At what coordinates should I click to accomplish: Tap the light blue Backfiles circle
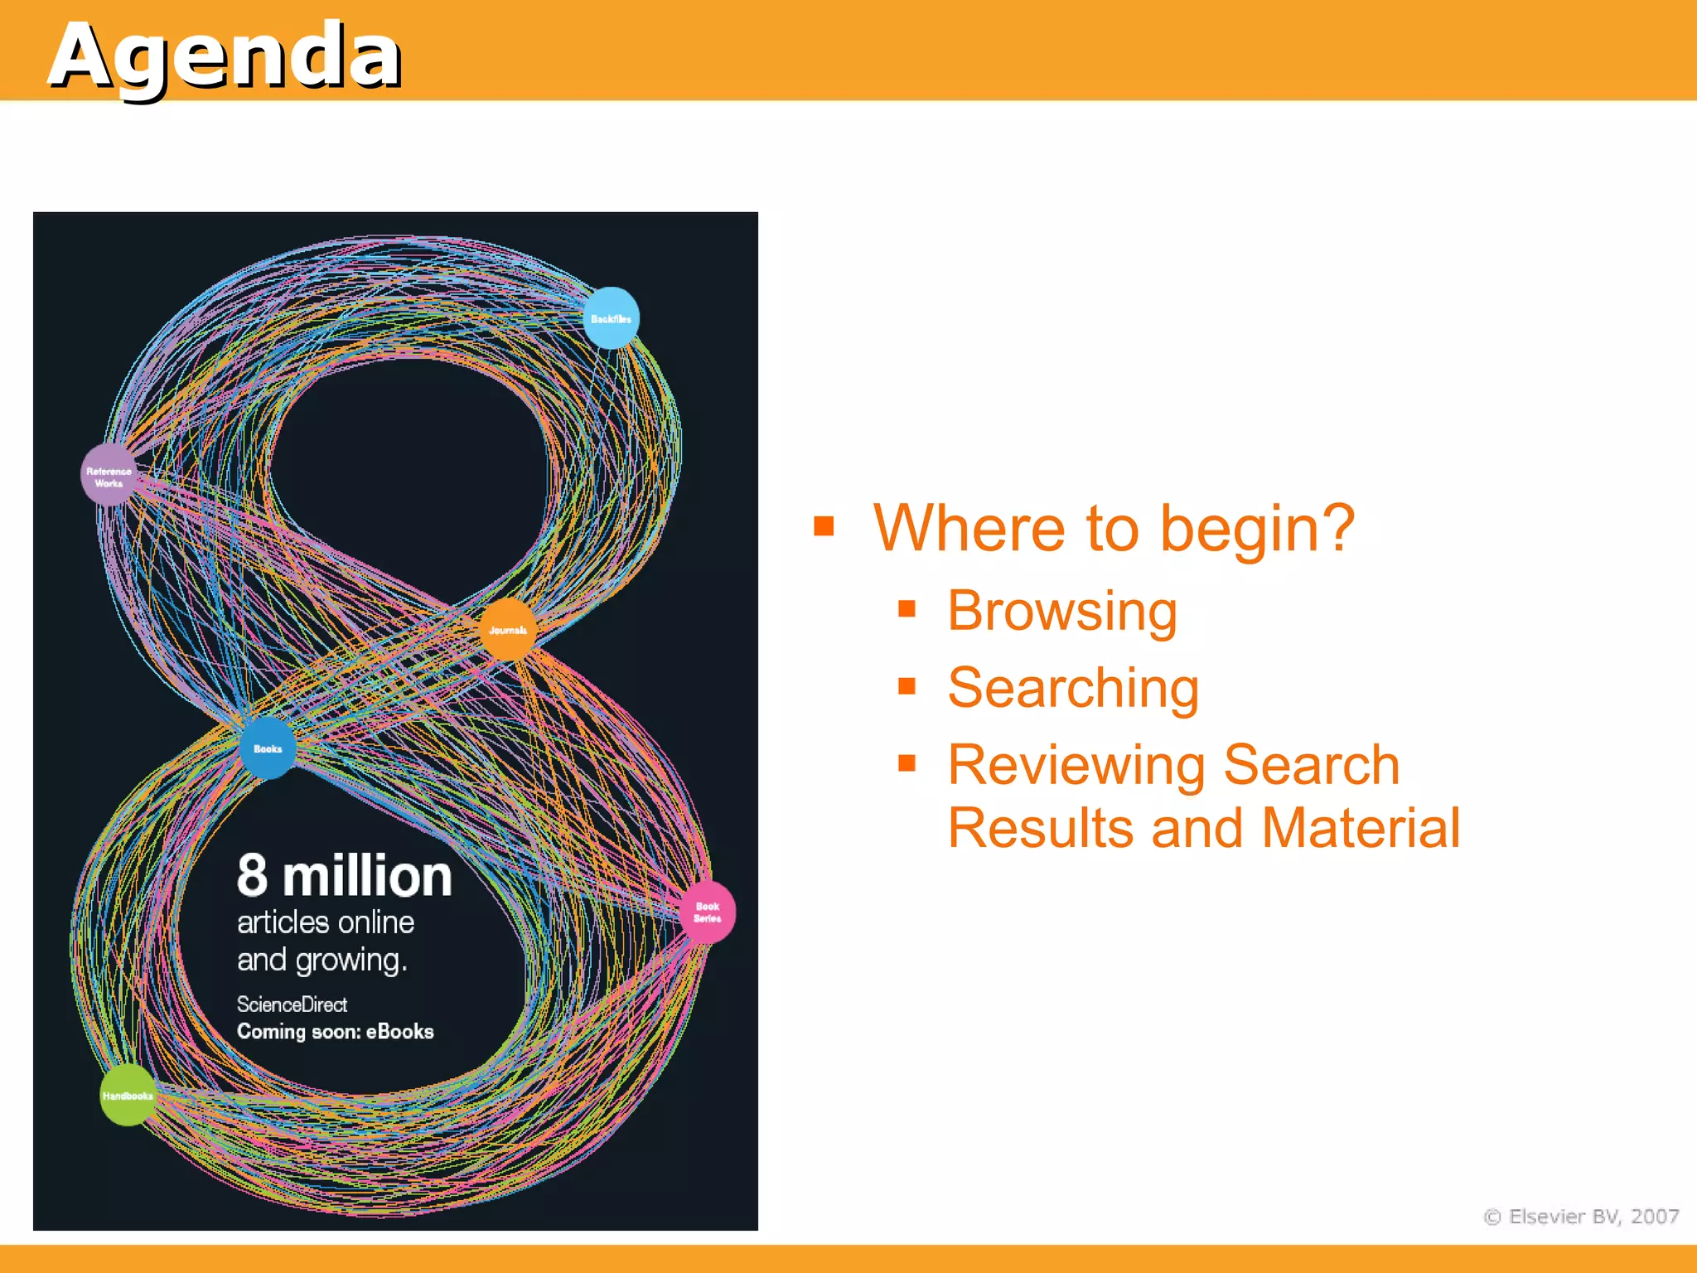612,318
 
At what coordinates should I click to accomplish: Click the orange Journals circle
508,630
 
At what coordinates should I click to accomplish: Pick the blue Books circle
268,748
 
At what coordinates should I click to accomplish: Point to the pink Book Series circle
707,912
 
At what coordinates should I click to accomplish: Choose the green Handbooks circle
128,1096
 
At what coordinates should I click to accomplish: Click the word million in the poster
367,877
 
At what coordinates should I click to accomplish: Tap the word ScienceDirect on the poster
292,1004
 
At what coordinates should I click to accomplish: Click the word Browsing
1062,612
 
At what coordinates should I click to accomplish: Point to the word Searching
1073,688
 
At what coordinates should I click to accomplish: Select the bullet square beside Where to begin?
824,526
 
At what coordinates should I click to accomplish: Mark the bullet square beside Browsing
907,610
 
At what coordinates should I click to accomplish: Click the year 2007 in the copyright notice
1655,1216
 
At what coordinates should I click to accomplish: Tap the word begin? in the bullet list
1257,529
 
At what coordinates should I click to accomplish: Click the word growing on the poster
351,961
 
